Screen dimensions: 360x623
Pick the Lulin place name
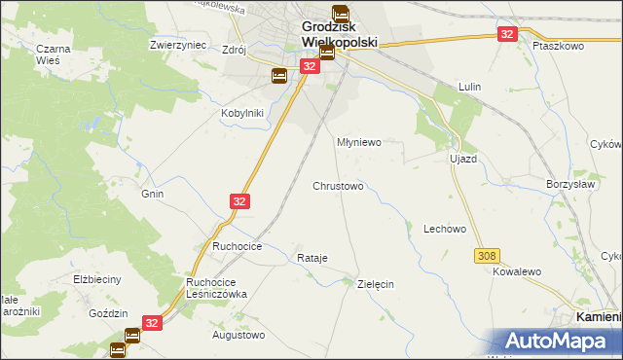[470, 88]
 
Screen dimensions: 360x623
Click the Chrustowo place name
[338, 185]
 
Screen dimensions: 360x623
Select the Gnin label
[152, 194]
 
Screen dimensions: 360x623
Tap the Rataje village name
[311, 258]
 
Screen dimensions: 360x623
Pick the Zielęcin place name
[375, 284]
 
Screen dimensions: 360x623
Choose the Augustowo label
[238, 335]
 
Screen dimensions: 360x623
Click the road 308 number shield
[489, 255]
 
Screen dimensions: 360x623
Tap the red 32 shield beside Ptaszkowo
[507, 33]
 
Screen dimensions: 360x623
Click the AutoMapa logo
[559, 341]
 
